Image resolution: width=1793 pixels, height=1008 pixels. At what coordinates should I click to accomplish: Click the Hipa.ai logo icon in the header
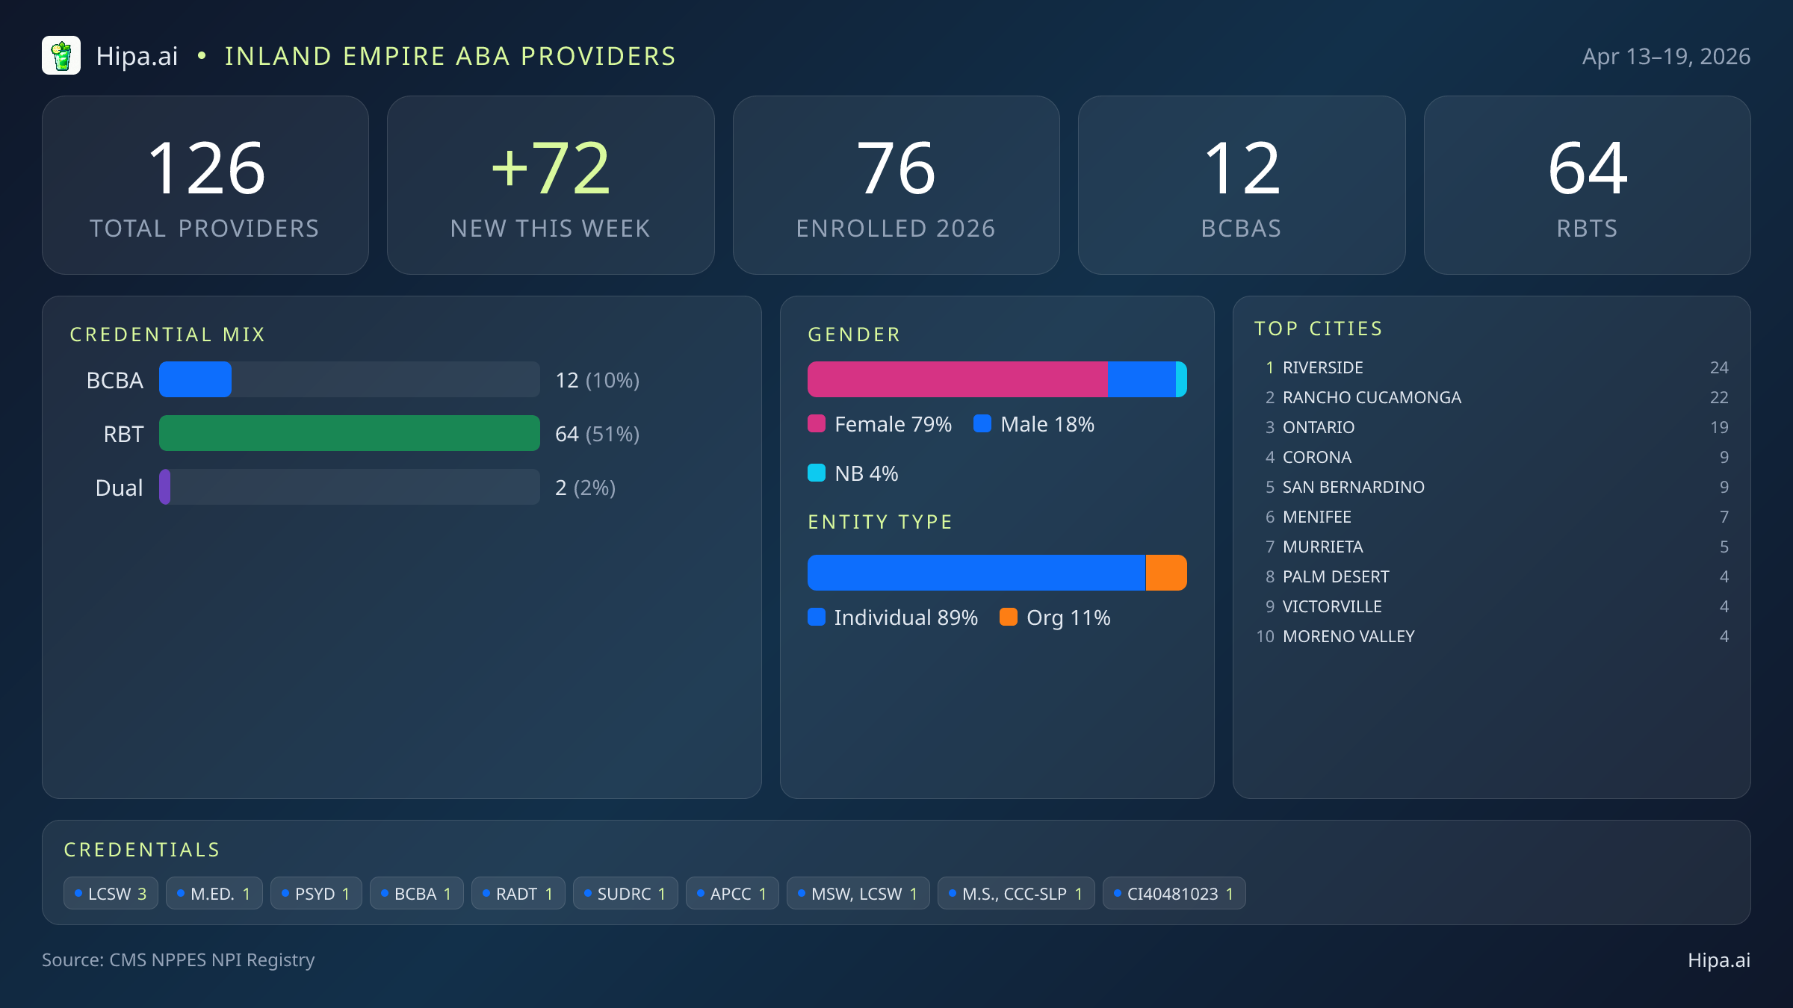(x=61, y=56)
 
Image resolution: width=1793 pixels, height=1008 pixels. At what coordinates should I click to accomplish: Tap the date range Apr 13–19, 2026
(x=1665, y=57)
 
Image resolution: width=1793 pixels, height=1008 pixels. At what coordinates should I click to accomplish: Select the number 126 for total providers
(x=206, y=169)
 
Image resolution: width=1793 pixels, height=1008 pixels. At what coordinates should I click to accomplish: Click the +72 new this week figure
(x=551, y=169)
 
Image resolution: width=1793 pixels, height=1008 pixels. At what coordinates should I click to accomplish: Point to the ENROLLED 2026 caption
(x=895, y=228)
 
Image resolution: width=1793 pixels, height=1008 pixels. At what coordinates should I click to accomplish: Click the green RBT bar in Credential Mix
(x=349, y=433)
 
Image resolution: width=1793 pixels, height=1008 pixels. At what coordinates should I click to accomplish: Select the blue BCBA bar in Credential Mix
(x=195, y=379)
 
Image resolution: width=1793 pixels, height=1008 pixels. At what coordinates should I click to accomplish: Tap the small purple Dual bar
(x=165, y=487)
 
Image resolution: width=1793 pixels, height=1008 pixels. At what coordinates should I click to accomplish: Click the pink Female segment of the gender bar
(x=957, y=379)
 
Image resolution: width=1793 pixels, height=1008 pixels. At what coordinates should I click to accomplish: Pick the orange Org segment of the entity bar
(x=1165, y=573)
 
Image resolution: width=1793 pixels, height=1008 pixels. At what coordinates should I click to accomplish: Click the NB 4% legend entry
(x=853, y=473)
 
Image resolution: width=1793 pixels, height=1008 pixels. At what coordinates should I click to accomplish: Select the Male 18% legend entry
(x=1034, y=424)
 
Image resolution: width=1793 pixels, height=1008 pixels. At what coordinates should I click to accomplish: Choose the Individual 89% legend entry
(x=893, y=617)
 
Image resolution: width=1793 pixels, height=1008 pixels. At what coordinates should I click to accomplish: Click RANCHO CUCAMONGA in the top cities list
(x=1372, y=397)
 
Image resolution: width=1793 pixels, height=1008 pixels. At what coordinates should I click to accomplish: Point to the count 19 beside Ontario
(x=1718, y=427)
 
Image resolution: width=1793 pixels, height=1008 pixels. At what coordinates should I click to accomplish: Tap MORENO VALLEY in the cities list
(x=1348, y=636)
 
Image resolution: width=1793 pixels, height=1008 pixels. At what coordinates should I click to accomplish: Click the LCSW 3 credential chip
(x=111, y=894)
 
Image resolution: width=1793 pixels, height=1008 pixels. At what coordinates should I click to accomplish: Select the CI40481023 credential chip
(x=1173, y=894)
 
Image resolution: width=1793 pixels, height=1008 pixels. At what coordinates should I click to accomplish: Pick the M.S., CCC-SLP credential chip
(x=1015, y=894)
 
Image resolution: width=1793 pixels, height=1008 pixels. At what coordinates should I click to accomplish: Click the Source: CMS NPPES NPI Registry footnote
(x=179, y=959)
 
